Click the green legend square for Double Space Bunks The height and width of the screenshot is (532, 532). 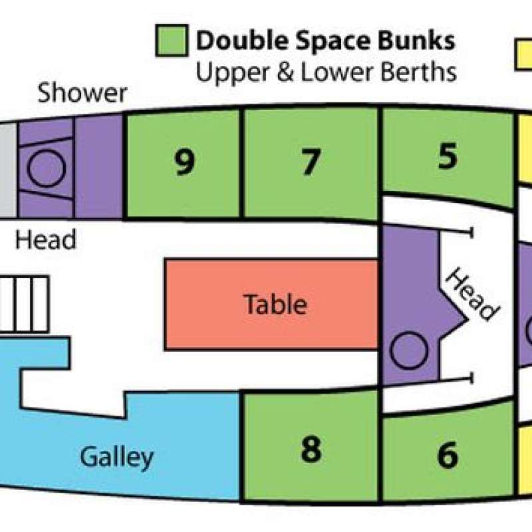172,41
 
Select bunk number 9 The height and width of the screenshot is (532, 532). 184,166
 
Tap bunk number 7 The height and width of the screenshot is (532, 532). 310,164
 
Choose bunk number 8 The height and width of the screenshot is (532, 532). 311,447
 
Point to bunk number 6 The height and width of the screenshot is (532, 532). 448,456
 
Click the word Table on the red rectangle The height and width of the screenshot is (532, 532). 275,304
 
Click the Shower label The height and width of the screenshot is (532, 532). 82,93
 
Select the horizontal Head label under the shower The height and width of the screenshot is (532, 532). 46,239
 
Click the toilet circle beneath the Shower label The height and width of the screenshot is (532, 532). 46,168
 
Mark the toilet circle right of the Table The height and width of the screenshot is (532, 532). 409,350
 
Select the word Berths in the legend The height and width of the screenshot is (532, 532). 418,72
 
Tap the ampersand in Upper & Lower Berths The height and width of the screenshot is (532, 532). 285,72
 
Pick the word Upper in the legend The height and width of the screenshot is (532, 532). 232,74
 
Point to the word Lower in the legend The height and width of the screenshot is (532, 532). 337,72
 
